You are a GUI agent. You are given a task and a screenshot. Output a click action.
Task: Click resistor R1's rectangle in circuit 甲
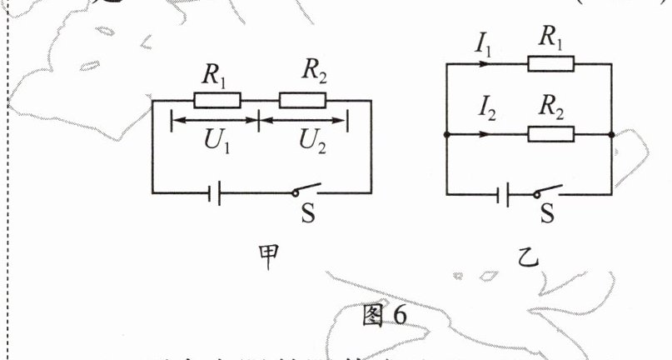click(x=217, y=101)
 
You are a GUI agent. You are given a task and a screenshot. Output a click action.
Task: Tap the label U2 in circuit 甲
click(x=316, y=142)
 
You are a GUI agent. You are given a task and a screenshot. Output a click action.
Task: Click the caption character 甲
click(x=266, y=261)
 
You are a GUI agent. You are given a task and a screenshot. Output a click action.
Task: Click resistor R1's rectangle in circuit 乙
click(x=550, y=64)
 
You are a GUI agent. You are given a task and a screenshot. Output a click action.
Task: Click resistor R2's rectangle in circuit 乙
click(x=550, y=134)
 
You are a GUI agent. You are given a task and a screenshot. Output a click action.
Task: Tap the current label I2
click(x=484, y=107)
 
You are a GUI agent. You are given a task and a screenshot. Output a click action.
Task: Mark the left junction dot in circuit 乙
click(x=448, y=134)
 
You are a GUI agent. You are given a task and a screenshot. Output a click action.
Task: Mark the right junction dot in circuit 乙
click(x=612, y=134)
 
